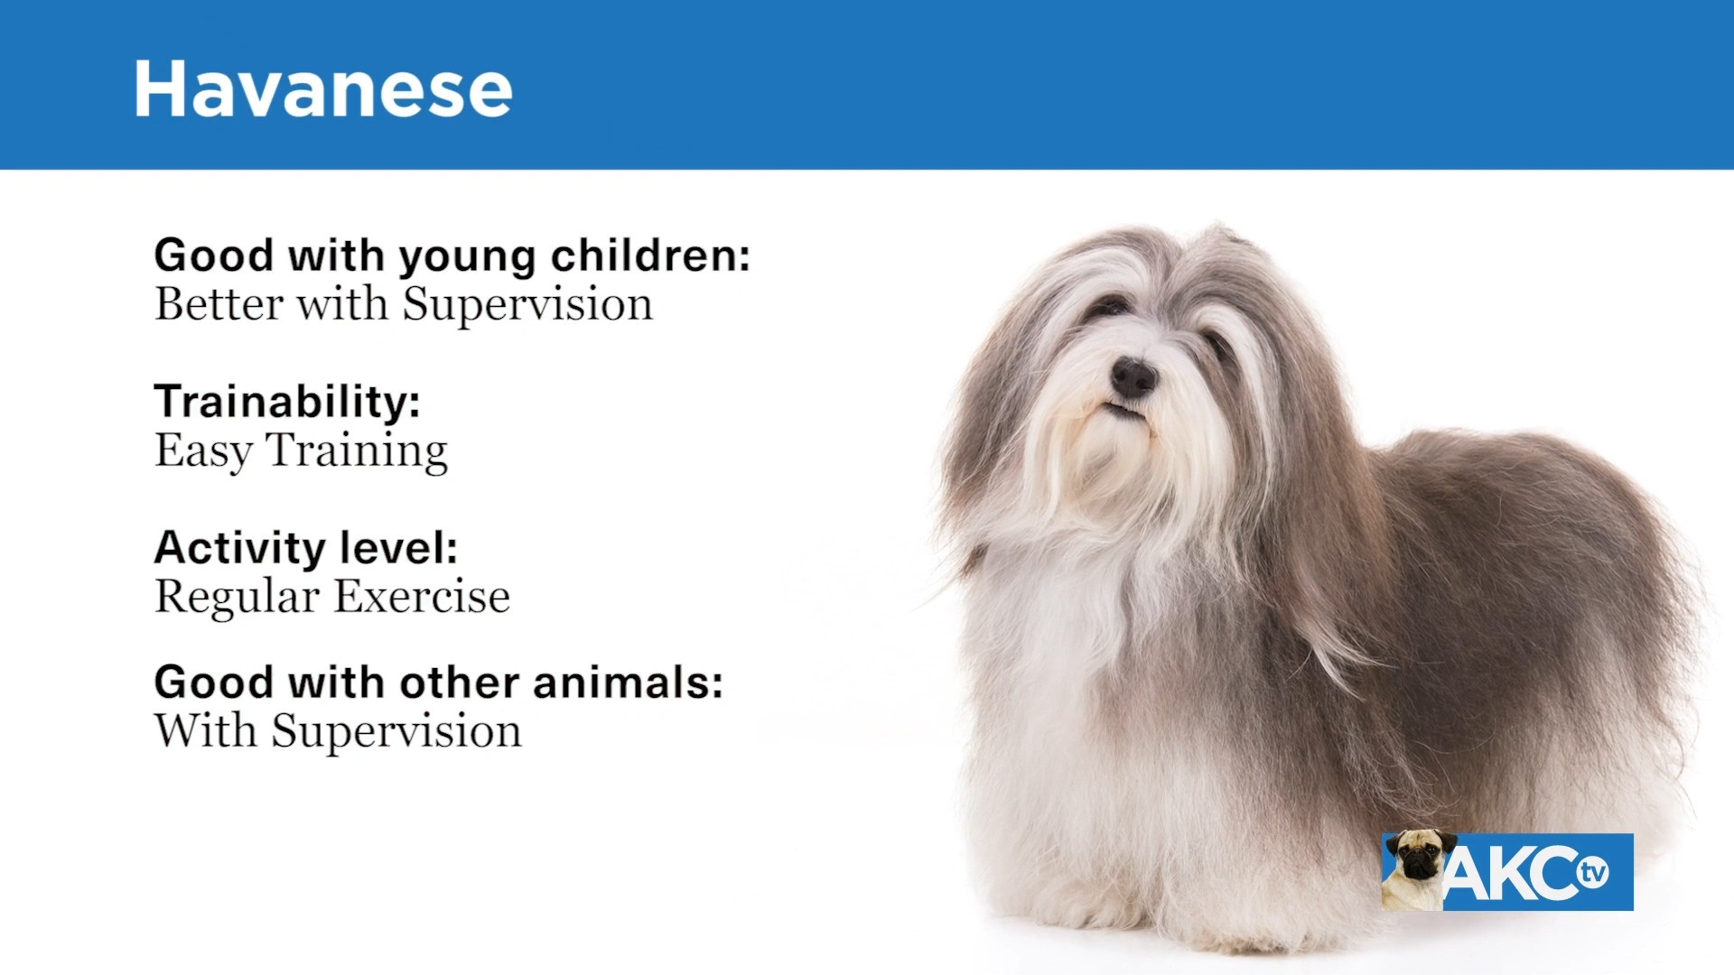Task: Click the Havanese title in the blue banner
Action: point(323,88)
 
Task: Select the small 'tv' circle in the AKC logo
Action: point(1593,872)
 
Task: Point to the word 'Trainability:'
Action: point(287,401)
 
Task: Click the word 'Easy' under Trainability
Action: point(204,450)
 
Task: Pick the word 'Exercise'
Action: point(423,596)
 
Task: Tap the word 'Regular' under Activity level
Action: point(238,598)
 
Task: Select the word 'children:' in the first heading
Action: point(650,255)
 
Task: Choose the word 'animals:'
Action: point(628,682)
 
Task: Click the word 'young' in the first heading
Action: point(468,258)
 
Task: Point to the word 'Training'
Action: point(357,451)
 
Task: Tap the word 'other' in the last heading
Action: point(460,682)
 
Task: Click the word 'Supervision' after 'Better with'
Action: point(527,305)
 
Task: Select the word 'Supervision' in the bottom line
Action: point(396,731)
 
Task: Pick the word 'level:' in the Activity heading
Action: point(398,548)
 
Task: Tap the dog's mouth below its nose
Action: point(1125,410)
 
